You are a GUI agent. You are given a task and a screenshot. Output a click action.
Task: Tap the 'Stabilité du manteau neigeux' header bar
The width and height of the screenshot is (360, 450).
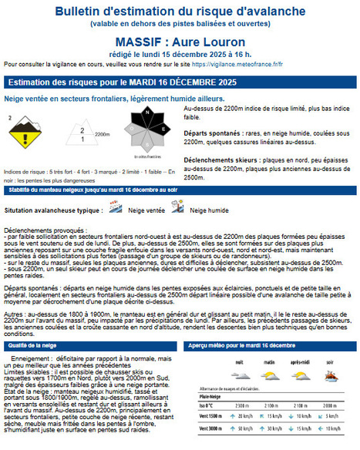93,189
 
